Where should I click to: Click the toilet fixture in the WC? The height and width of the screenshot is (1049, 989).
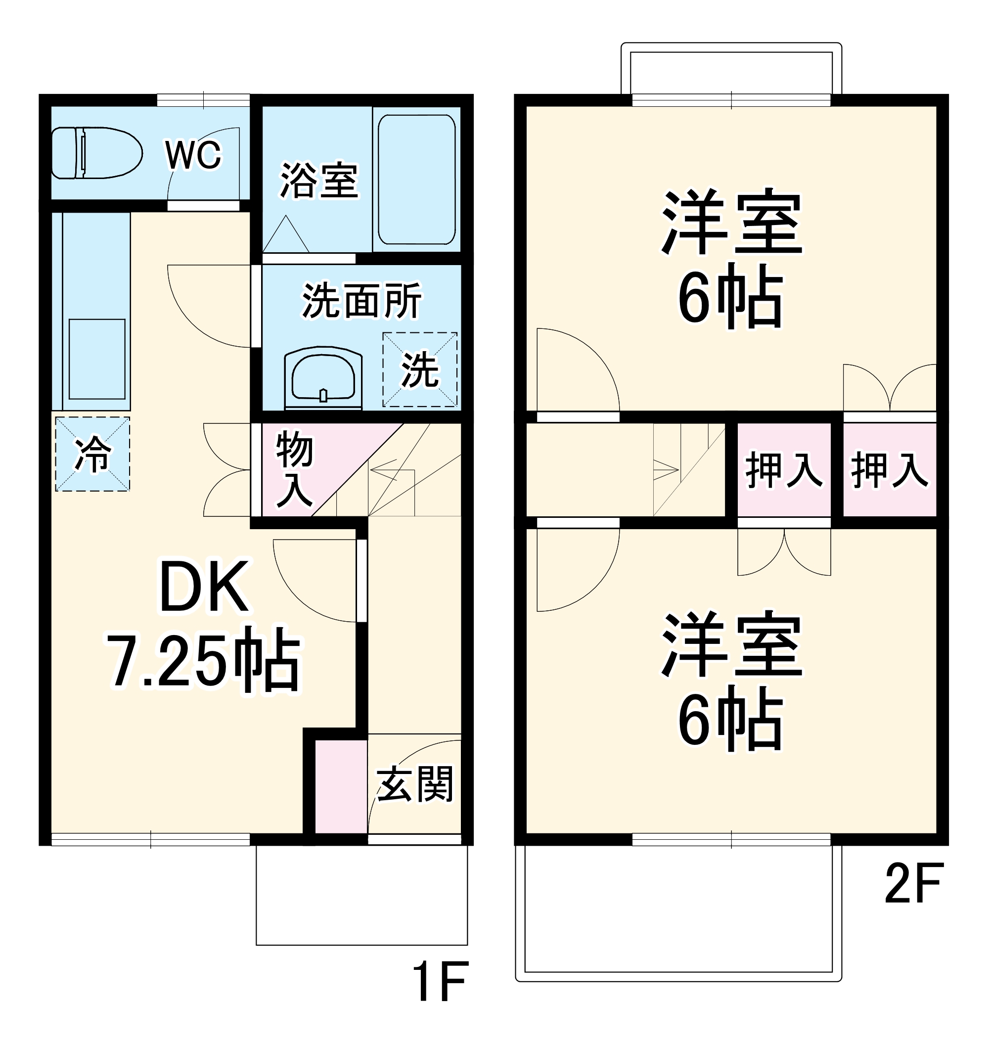coord(96,153)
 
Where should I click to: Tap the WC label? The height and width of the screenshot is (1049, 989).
coord(193,155)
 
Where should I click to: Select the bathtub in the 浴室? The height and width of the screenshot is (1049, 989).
coord(416,180)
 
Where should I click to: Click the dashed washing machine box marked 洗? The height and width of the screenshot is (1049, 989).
coord(419,369)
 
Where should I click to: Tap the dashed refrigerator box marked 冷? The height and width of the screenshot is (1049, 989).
coord(93,455)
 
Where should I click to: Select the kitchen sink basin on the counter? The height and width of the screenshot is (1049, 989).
coord(97,359)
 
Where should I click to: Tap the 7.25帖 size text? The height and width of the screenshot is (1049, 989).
coord(204,661)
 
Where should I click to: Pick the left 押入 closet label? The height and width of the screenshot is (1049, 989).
coord(783,470)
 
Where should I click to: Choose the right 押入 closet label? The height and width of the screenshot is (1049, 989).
coord(889,470)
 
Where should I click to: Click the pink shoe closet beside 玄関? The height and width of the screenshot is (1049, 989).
coord(341,786)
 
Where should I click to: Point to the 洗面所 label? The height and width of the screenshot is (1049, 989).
coord(361,301)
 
